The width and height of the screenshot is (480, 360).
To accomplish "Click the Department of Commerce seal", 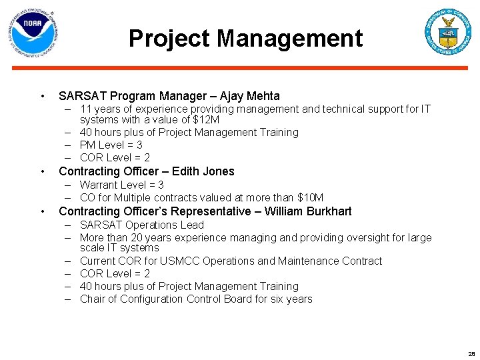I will (x=448, y=32).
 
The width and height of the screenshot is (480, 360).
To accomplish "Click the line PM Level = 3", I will (x=111, y=145).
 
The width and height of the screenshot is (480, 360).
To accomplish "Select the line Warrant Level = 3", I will (x=121, y=185).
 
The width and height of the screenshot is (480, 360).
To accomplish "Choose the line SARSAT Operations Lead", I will (x=141, y=225).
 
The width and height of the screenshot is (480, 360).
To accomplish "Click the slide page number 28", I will (x=471, y=354).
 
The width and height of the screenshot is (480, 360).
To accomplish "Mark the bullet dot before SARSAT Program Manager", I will (x=42, y=96).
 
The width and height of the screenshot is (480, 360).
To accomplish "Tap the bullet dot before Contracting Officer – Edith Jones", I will (x=42, y=171).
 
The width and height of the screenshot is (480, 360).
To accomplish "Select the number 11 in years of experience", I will (x=85, y=109).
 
